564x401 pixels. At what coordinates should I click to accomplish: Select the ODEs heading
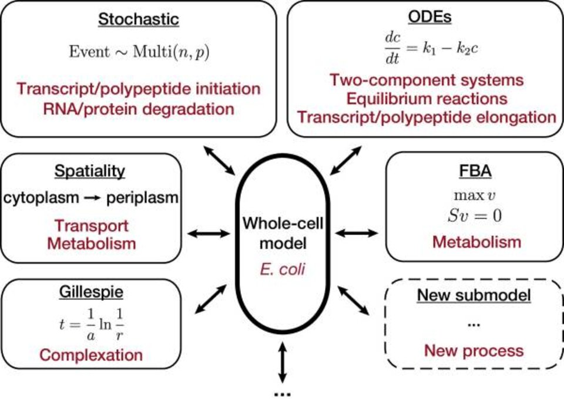427,17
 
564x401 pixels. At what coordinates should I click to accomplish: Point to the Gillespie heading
91,292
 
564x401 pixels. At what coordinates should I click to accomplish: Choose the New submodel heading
474,295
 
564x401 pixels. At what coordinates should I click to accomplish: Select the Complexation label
91,355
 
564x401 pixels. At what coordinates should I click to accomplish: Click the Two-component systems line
427,79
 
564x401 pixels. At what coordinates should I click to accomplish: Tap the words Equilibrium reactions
427,98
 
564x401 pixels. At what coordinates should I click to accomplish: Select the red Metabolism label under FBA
476,242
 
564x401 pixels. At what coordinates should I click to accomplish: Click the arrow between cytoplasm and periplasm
92,198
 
